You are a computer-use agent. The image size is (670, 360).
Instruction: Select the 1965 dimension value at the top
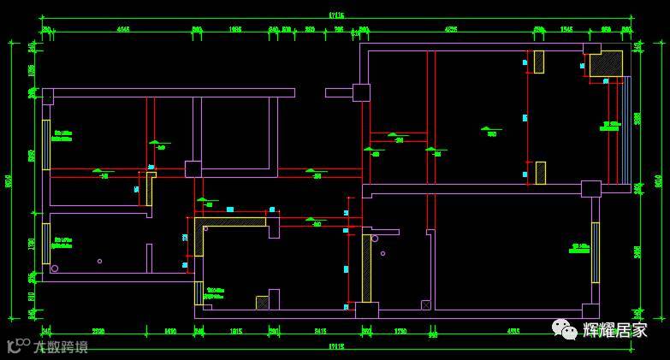(x=235, y=29)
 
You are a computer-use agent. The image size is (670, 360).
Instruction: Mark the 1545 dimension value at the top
(x=566, y=29)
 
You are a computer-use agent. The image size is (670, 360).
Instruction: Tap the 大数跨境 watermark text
(x=60, y=346)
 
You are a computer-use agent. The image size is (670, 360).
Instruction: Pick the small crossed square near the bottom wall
(x=425, y=304)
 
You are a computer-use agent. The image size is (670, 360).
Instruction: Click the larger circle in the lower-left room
(x=55, y=269)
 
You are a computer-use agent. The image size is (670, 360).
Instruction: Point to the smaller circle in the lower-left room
(x=99, y=261)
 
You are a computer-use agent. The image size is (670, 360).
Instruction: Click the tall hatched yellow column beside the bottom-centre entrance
(x=366, y=267)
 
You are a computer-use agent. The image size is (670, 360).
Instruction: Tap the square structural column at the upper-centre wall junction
(x=361, y=92)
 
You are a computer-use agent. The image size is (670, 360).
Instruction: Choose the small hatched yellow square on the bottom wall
(x=262, y=303)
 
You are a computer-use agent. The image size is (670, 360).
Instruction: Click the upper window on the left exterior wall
(x=46, y=145)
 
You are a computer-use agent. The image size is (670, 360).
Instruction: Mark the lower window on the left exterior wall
(x=46, y=243)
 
